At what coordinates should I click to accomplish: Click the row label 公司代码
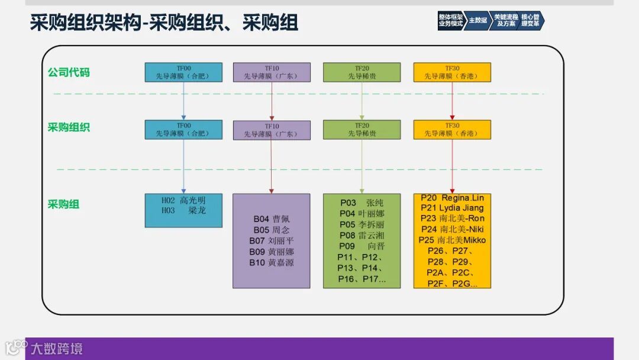(69, 73)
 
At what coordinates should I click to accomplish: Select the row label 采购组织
(69, 127)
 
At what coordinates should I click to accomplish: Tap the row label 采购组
(63, 204)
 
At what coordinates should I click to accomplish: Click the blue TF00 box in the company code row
(183, 72)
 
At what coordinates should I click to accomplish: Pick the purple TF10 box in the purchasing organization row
(272, 130)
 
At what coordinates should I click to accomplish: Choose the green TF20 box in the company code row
(362, 72)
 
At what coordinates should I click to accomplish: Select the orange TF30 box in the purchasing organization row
(452, 130)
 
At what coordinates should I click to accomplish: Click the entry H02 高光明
(183, 201)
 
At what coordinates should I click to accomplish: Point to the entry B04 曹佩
(272, 219)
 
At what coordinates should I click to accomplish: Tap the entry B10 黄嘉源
(272, 262)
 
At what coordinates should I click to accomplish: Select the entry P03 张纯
(362, 202)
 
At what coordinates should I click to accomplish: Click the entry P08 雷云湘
(362, 235)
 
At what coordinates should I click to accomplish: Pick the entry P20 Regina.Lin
(452, 198)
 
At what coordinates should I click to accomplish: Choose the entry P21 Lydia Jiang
(452, 208)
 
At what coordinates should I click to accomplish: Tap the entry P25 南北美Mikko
(452, 240)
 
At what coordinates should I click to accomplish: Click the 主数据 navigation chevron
(478, 20)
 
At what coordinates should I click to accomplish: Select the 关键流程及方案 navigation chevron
(505, 20)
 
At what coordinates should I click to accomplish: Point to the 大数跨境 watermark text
(57, 348)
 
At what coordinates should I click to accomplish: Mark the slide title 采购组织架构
(86, 23)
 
